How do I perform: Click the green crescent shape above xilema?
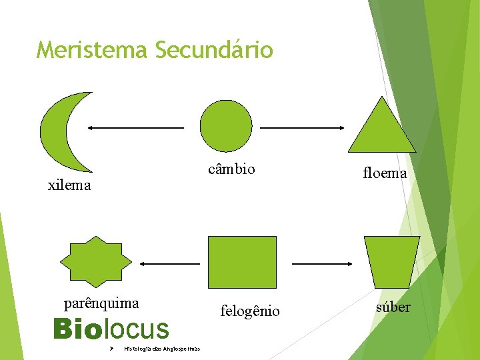[56, 132]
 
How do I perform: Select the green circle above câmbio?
[227, 125]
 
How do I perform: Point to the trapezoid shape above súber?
[392, 263]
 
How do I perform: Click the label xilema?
[69, 185]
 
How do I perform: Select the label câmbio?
[231, 169]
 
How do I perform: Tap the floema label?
[385, 173]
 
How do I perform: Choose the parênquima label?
[101, 303]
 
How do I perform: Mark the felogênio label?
[250, 311]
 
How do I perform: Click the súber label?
[393, 307]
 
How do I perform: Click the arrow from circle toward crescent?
[136, 127]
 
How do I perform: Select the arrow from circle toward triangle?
[301, 127]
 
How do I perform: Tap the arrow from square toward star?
[169, 264]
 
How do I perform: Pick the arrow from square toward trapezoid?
[321, 264]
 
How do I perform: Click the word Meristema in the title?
[92, 50]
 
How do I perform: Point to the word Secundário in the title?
[214, 50]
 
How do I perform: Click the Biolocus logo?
[111, 329]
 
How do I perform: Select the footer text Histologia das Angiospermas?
[162, 349]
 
